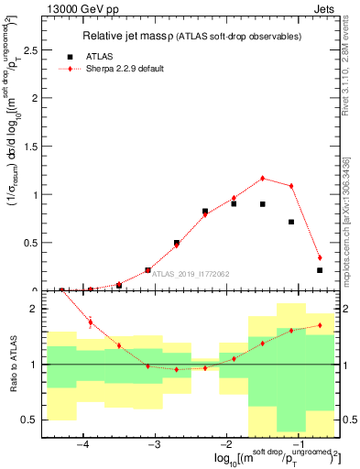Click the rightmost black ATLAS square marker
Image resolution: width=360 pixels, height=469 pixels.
[x=320, y=270]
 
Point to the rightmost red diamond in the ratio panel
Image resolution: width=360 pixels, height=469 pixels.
[x=320, y=325]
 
